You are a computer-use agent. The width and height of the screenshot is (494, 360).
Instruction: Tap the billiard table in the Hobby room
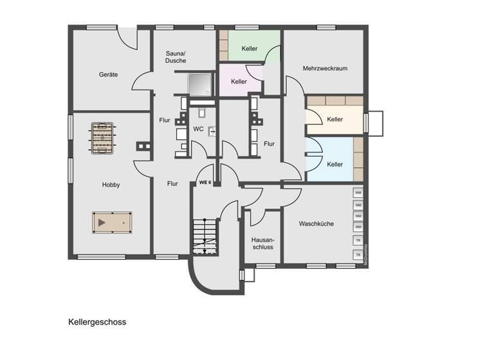111,221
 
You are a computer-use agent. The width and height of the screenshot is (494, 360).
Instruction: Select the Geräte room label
108,75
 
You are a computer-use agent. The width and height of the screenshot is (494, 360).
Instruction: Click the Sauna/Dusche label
175,57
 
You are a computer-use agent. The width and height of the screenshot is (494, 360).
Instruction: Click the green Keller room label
250,49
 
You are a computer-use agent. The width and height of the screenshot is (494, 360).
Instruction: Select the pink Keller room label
239,82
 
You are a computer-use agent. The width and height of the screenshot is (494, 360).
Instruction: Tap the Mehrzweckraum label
325,68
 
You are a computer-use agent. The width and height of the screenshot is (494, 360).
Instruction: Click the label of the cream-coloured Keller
334,120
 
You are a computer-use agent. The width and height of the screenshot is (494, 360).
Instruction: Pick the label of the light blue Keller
334,165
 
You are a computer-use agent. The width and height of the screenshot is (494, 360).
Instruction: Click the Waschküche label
316,224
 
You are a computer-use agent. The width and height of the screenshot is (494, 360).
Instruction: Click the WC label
199,129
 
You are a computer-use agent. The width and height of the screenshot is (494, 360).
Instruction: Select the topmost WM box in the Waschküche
358,193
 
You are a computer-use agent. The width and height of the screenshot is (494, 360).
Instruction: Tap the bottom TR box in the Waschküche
358,255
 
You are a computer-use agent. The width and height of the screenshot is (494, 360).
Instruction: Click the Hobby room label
111,184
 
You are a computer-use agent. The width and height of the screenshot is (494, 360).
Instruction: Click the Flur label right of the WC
269,144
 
